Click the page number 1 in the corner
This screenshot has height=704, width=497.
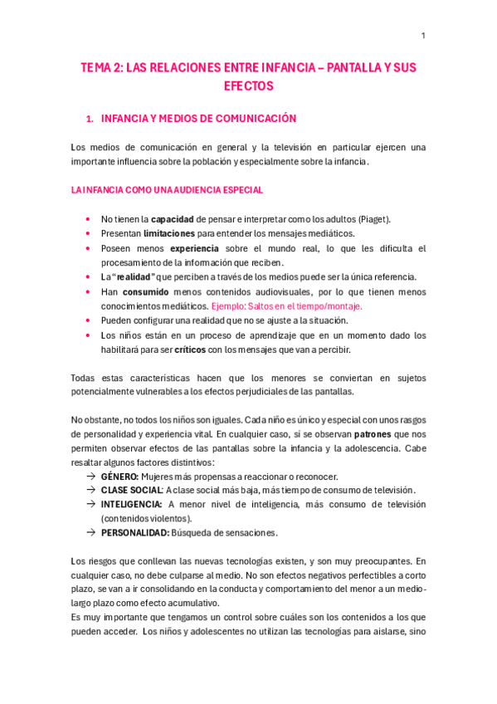pyautogui.click(x=423, y=35)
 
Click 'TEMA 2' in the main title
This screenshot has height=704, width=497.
pyautogui.click(x=100, y=68)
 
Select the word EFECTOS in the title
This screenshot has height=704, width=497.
pyautogui.click(x=248, y=86)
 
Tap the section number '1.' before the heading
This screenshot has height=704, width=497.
pyautogui.click(x=91, y=120)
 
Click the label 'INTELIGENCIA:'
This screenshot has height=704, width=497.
pyautogui.click(x=131, y=504)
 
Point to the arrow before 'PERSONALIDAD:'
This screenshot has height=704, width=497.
pyautogui.click(x=90, y=532)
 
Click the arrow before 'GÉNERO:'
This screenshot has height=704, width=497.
pyautogui.click(x=90, y=477)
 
